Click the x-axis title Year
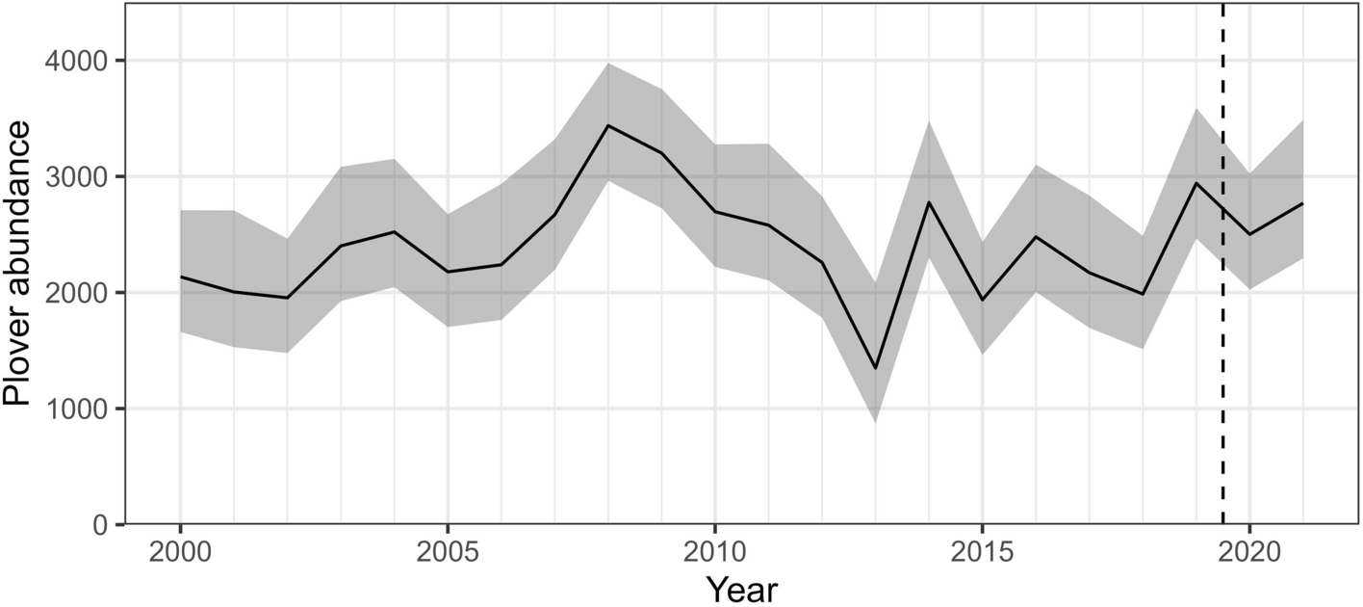click(x=740, y=587)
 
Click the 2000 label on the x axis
click(x=180, y=557)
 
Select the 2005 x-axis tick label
click(x=448, y=557)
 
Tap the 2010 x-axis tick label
click(x=714, y=557)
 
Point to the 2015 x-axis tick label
click(x=982, y=557)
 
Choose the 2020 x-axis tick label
click(x=1248, y=557)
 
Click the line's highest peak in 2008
click(x=607, y=125)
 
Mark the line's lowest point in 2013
click(x=875, y=368)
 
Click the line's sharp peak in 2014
click(x=928, y=201)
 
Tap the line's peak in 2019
click(x=1196, y=183)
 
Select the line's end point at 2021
click(x=1302, y=203)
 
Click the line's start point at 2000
click(x=180, y=277)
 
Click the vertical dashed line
click(x=1222, y=385)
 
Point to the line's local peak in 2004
click(x=394, y=231)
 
